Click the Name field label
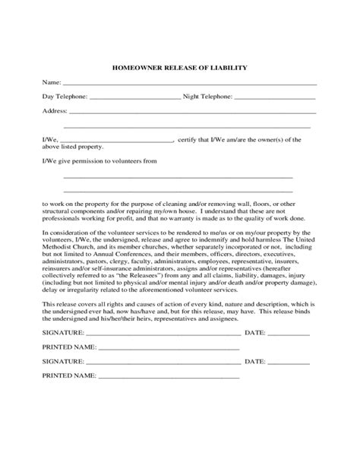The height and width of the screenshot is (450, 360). tap(50, 82)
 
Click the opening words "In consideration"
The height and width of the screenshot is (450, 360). tap(67, 233)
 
